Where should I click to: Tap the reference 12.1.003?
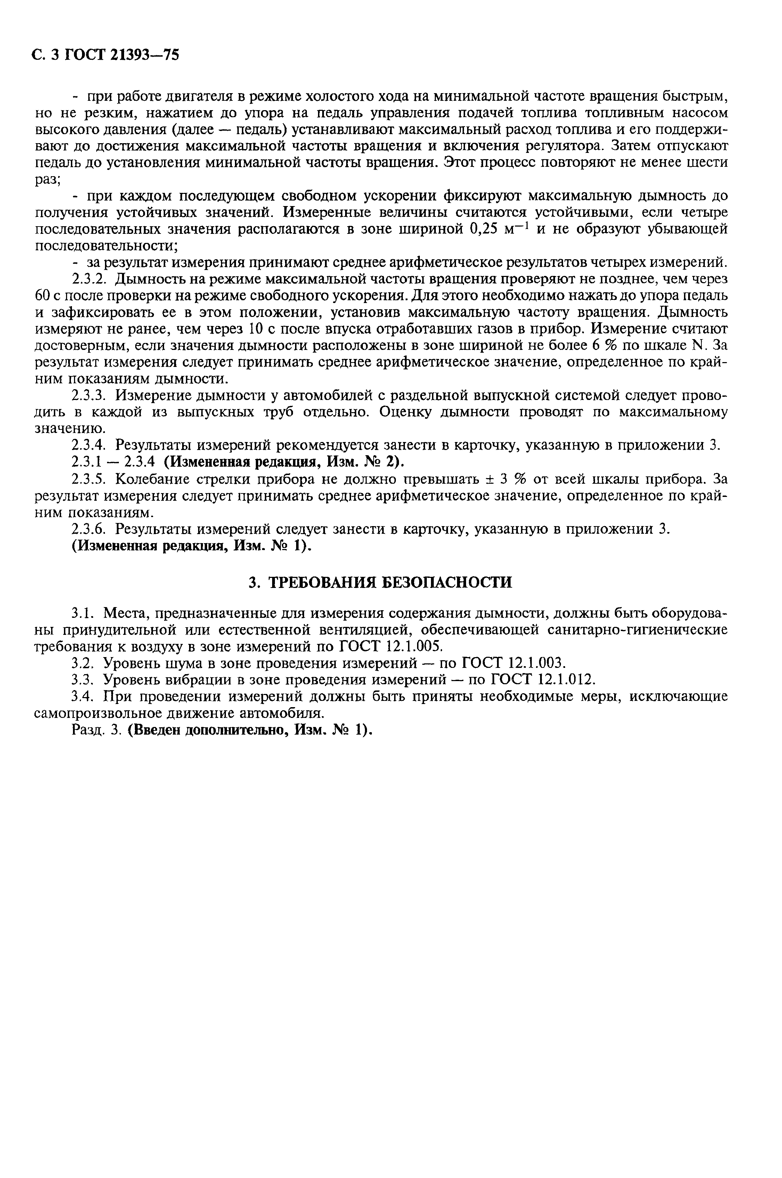(537, 663)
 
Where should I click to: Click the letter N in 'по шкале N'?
(698, 345)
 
